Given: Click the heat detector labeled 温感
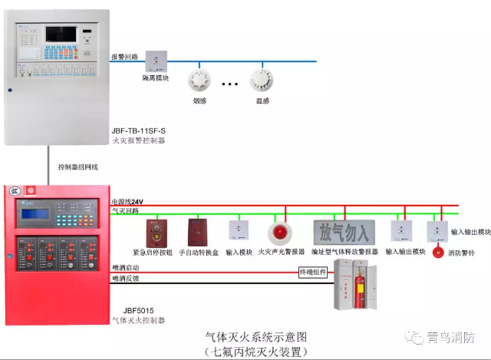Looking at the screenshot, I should (x=262, y=78).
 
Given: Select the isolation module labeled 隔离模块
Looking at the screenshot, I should (x=157, y=61).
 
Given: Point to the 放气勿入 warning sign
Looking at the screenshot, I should (x=344, y=231).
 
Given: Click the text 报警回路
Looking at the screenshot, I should (x=124, y=57).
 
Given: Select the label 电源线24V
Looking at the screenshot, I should (x=127, y=202).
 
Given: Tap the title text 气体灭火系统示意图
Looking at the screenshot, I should (x=256, y=337).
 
